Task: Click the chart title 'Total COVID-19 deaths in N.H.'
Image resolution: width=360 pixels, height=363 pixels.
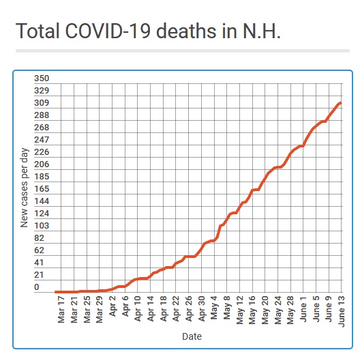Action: click(148, 31)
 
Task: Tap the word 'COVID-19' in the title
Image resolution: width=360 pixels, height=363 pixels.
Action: click(108, 31)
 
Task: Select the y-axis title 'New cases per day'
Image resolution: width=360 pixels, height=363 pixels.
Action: click(24, 188)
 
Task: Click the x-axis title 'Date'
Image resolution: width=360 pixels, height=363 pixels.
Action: click(192, 336)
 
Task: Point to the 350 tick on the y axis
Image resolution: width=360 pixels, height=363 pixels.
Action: click(42, 78)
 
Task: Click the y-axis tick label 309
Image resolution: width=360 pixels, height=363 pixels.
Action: click(42, 103)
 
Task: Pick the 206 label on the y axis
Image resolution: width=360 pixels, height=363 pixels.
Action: click(42, 164)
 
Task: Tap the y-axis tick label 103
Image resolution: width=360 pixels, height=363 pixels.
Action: click(42, 225)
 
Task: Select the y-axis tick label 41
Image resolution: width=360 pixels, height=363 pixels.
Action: click(39, 263)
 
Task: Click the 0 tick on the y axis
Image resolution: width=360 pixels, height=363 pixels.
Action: click(37, 287)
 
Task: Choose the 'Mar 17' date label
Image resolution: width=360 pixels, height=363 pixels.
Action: click(61, 309)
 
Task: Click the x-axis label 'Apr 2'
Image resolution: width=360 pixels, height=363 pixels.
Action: click(112, 306)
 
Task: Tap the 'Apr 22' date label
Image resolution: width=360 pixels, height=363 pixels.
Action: click(176, 309)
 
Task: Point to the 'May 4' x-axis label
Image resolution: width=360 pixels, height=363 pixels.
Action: click(214, 308)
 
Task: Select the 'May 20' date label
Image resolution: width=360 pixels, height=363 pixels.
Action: click(265, 310)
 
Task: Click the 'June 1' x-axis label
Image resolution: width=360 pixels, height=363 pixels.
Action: click(303, 309)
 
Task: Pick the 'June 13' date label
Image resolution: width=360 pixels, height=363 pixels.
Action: click(342, 311)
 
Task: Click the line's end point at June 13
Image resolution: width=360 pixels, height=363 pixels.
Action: click(341, 103)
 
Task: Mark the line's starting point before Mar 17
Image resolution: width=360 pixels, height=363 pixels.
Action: click(55, 292)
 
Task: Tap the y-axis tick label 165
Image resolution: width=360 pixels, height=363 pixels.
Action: click(42, 189)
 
